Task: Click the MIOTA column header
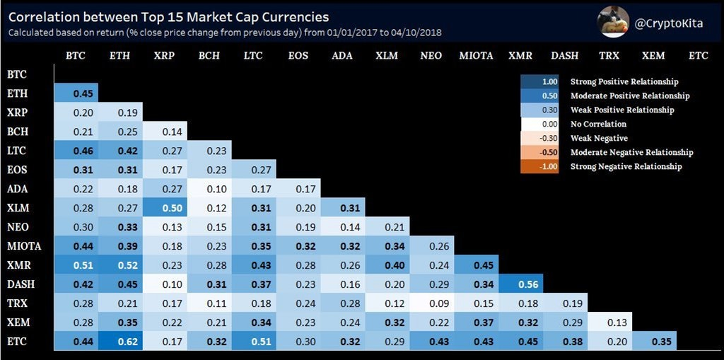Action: point(476,55)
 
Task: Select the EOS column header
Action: point(298,55)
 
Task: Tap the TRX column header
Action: point(609,55)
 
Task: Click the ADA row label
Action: point(17,189)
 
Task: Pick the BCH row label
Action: point(18,131)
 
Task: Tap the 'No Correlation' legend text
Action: point(598,124)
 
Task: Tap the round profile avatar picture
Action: point(613,22)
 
